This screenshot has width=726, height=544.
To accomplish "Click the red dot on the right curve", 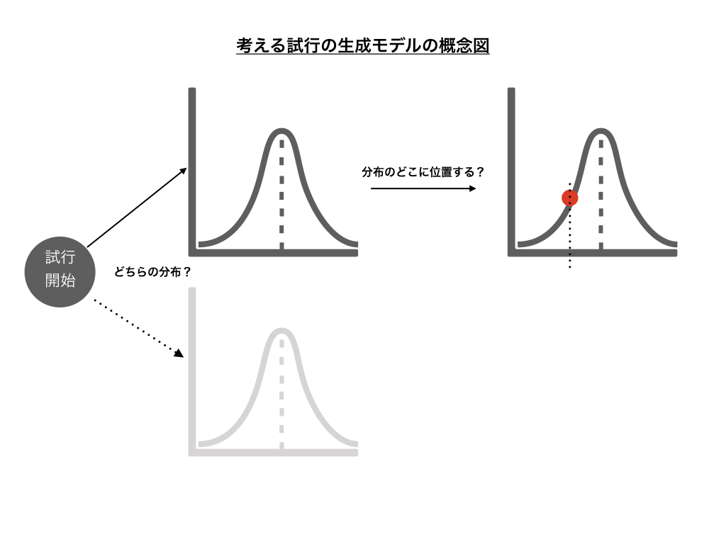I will pyautogui.click(x=570, y=198).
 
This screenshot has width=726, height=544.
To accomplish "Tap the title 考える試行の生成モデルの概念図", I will pyautogui.click(x=363, y=47).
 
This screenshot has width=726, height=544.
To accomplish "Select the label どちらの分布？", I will pyautogui.click(x=153, y=271).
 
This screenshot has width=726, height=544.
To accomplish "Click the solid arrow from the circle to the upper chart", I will pyautogui.click(x=137, y=207).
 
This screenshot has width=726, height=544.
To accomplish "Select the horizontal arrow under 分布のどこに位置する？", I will pyautogui.click(x=423, y=188).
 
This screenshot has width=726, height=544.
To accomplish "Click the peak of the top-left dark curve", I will pyautogui.click(x=281, y=132).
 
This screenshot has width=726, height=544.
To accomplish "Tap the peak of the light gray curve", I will pyautogui.click(x=281, y=331).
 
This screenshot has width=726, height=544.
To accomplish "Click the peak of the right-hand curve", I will pyautogui.click(x=601, y=132).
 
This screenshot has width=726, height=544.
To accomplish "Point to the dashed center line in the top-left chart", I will pyautogui.click(x=281, y=198).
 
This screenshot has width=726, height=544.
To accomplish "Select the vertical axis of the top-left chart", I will pyautogui.click(x=192, y=170).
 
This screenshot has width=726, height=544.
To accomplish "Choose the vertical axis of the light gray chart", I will pyautogui.click(x=192, y=368).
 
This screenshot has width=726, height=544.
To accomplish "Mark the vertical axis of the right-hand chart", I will pyautogui.click(x=511, y=170).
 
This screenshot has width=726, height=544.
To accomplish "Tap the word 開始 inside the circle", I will pyautogui.click(x=60, y=281).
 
